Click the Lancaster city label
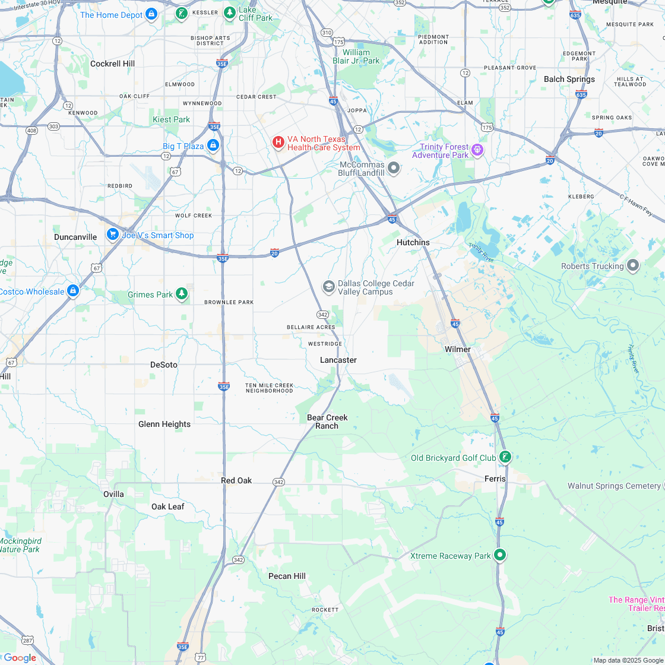(338, 360)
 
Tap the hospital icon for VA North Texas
(277, 142)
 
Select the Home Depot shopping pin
(151, 14)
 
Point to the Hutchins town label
(413, 242)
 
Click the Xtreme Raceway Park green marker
(501, 555)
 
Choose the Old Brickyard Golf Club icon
(505, 457)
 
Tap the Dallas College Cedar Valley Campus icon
(328, 287)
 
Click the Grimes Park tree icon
(182, 293)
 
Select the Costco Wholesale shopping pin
(73, 290)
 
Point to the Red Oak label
(236, 480)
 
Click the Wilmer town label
(458, 349)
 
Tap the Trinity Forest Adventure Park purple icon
(477, 150)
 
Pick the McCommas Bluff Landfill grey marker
(394, 167)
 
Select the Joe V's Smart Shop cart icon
(112, 235)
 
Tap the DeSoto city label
(164, 365)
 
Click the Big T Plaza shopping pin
(213, 145)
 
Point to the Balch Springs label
(569, 79)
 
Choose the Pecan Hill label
(287, 576)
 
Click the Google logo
(20, 657)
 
